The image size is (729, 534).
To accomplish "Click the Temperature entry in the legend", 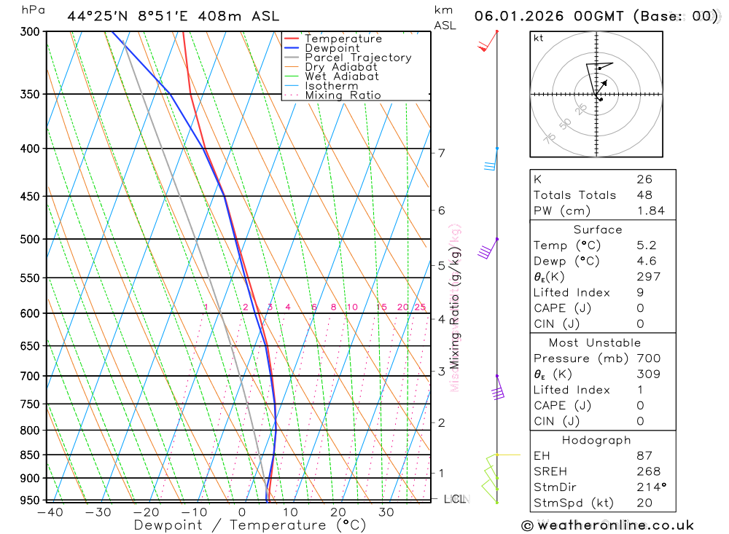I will [343, 39].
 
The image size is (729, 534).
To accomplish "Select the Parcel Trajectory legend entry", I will [357, 58].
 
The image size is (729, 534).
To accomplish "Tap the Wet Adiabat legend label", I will [341, 76].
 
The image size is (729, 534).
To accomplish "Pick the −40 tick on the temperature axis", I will [49, 512].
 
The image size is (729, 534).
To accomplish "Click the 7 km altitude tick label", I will [441, 153].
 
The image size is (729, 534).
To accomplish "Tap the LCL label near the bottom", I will [455, 499].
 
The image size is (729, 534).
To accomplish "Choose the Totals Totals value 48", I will [644, 195].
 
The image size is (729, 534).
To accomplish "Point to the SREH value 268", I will [648, 471].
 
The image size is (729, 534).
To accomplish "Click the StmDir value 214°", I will [650, 487].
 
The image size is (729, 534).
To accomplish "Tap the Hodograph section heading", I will [597, 440].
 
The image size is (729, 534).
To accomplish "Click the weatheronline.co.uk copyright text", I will [607, 525].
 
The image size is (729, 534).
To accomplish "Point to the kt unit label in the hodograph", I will [538, 38].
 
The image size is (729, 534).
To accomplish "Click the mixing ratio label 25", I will [420, 307].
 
